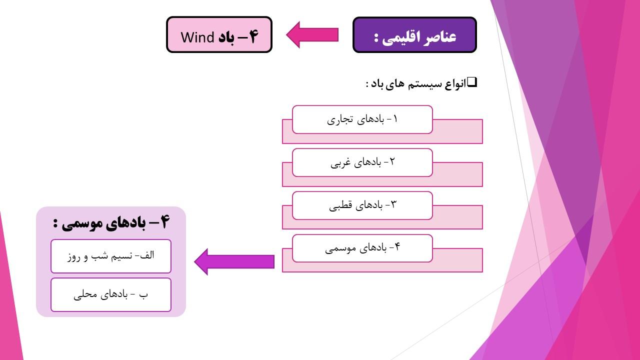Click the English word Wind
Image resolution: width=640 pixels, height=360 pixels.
[x=197, y=37]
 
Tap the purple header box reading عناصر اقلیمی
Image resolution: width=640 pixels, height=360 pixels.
[x=414, y=34]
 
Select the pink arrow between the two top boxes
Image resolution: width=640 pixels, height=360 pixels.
[x=312, y=35]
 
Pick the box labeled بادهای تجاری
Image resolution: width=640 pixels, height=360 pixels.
[x=362, y=119]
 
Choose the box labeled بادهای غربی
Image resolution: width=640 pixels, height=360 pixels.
[x=362, y=162]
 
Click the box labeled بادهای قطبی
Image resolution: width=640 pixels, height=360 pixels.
[x=362, y=205]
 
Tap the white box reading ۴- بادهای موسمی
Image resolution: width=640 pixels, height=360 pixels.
[x=362, y=248]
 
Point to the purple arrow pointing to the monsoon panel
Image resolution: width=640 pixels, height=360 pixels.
[x=234, y=261]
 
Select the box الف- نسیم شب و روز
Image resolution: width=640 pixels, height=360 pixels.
[x=111, y=256]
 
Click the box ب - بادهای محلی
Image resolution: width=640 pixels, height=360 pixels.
[x=111, y=295]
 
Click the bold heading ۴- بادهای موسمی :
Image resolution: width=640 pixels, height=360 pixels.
[x=111, y=222]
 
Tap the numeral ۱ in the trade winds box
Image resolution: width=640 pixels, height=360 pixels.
[x=395, y=118]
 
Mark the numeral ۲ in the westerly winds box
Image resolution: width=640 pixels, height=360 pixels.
[x=391, y=161]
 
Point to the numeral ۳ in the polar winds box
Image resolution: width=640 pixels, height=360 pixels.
[x=393, y=204]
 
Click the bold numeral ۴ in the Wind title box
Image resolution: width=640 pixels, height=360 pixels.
[x=253, y=36]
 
